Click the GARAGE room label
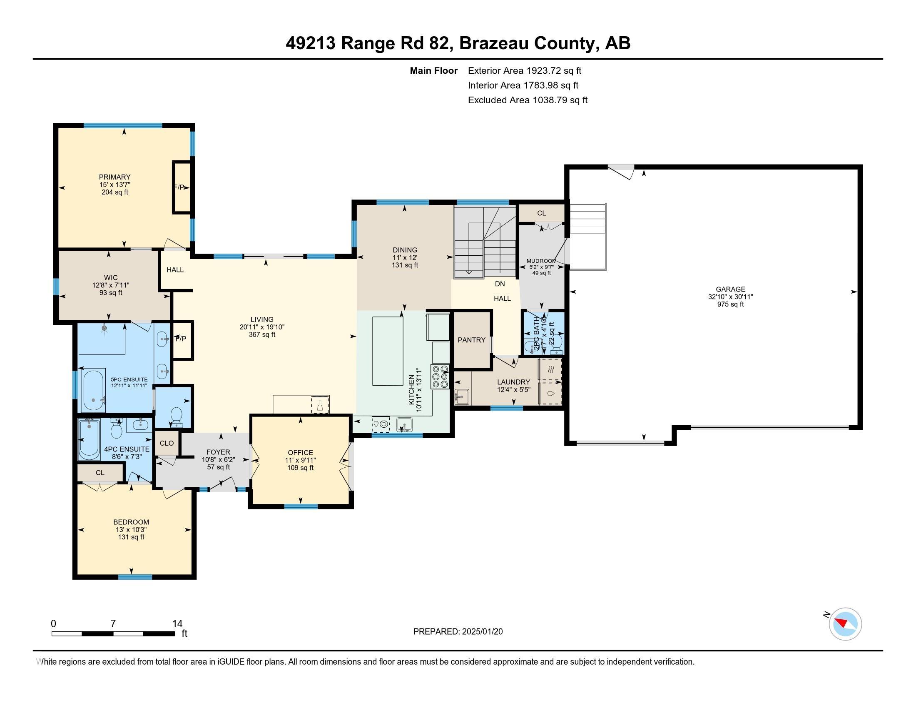pos(730,289)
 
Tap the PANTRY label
pos(471,340)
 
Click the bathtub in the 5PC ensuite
pos(94,391)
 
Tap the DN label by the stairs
pos(500,284)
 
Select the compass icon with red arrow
pos(845,624)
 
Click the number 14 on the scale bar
pos(177,623)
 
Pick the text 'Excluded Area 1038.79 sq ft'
pos(528,100)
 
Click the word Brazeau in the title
pos(495,43)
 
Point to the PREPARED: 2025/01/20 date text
pos(458,631)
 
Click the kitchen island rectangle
pos(388,351)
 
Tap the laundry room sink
pos(461,396)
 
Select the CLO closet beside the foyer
pos(167,443)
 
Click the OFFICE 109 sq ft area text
pos(300,468)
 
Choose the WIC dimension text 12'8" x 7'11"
pos(111,285)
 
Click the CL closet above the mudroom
pos(541,213)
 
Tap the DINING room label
pos(405,250)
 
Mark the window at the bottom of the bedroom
pos(135,577)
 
